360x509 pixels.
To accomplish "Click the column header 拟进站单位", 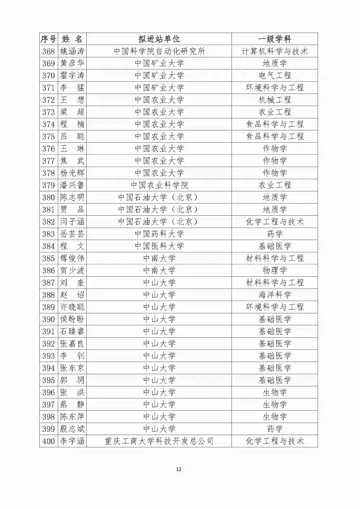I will click(x=159, y=39).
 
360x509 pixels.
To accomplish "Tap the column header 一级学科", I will click(x=275, y=39).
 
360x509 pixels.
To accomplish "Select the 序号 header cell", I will click(x=48, y=39).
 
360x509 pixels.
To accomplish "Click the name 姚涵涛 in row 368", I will click(x=72, y=51).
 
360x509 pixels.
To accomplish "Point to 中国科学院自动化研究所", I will click(x=159, y=51).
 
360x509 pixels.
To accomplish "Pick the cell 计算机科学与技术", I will click(x=275, y=51).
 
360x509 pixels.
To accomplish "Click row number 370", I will click(x=48, y=76).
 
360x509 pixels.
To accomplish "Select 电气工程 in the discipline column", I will click(x=275, y=76).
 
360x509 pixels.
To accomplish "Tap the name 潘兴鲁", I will click(x=72, y=185).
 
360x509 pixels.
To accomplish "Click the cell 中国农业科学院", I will click(x=159, y=185).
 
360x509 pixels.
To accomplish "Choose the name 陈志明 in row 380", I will click(x=72, y=197).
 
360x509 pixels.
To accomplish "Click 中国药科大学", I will click(x=159, y=234).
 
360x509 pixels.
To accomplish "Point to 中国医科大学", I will click(x=159, y=246).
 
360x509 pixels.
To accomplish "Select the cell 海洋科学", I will click(x=275, y=295).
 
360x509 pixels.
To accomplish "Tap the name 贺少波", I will click(x=72, y=271).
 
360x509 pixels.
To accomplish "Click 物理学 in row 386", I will click(x=275, y=271).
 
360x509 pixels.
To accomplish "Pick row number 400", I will click(x=48, y=441).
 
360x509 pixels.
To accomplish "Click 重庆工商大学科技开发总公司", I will click(x=159, y=441).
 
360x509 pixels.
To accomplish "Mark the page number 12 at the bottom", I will click(x=179, y=469).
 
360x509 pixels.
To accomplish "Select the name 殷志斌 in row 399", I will click(x=72, y=429).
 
